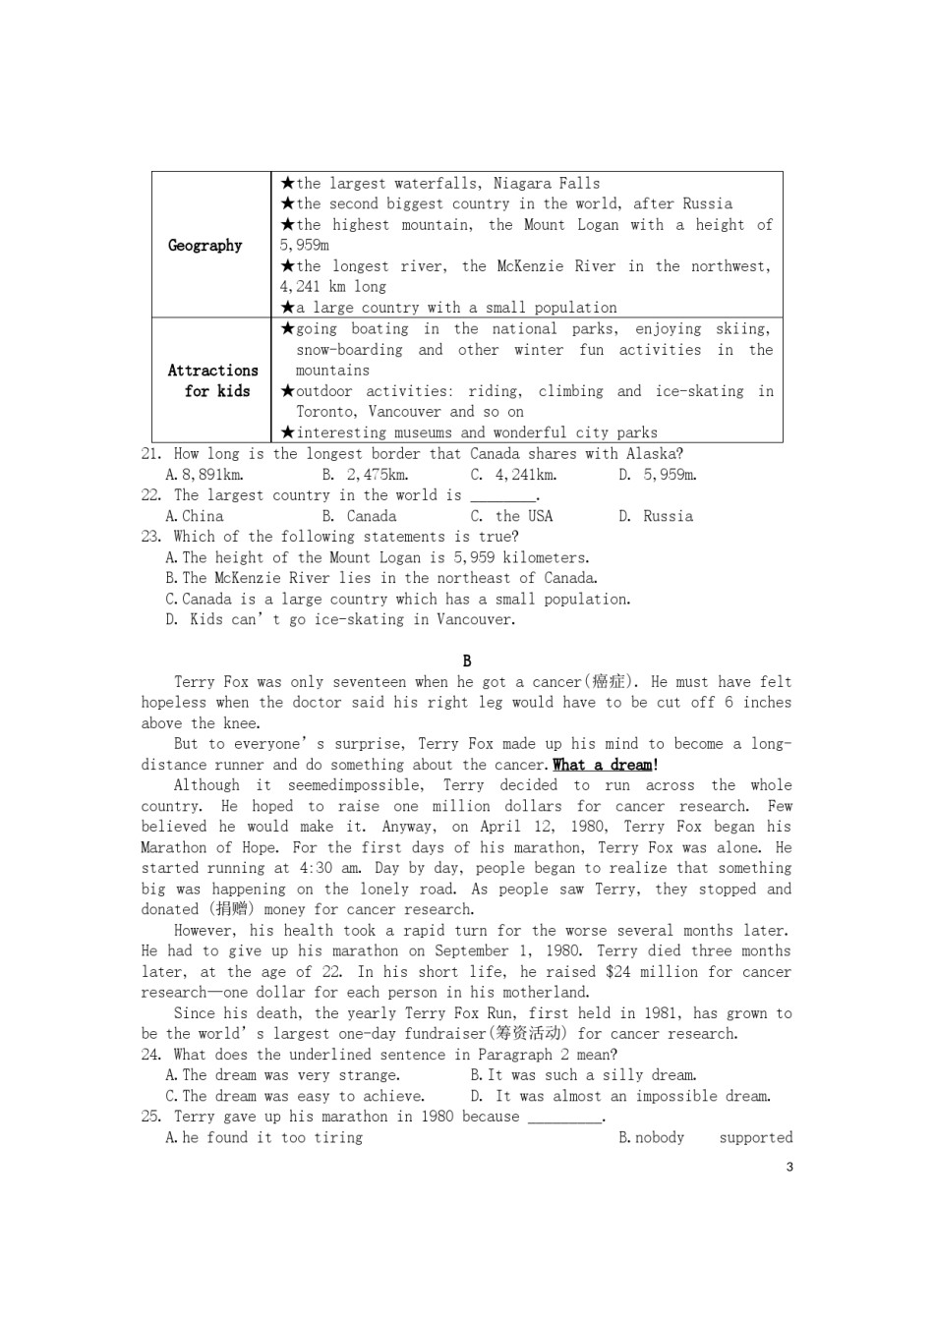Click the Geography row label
click(x=204, y=246)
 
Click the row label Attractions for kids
click(x=213, y=380)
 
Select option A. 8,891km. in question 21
click(x=204, y=475)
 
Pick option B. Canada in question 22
click(x=359, y=516)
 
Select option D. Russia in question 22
click(x=656, y=516)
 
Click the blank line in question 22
click(x=503, y=497)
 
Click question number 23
click(x=151, y=537)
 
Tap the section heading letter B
click(x=467, y=661)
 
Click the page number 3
click(x=789, y=1168)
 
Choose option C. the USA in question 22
click(x=511, y=516)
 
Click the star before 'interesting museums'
click(x=287, y=432)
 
